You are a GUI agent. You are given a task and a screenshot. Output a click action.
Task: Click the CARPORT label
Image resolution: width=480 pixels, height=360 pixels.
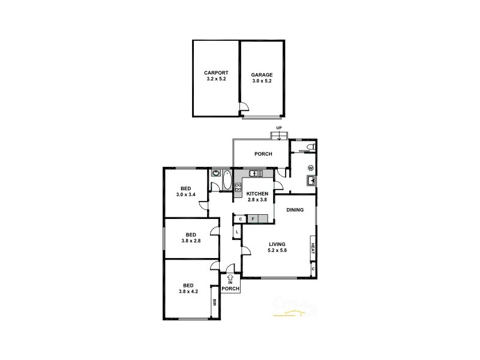click(x=216, y=72)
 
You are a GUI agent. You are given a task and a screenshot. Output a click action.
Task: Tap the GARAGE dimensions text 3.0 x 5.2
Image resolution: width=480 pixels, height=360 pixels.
click(x=262, y=81)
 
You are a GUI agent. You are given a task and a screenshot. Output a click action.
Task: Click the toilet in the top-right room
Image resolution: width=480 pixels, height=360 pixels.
click(x=310, y=146)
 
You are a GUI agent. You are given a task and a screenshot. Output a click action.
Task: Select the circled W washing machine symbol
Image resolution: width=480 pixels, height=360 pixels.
click(x=311, y=167)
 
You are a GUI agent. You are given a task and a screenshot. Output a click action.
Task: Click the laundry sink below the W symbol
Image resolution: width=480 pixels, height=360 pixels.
click(x=311, y=181)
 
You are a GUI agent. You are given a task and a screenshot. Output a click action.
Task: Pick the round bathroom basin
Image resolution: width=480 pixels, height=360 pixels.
click(x=215, y=174)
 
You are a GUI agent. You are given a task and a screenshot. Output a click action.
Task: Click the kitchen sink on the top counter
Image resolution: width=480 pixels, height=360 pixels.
click(x=253, y=174)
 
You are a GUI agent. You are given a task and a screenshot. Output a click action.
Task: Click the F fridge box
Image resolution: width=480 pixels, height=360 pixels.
click(x=253, y=219)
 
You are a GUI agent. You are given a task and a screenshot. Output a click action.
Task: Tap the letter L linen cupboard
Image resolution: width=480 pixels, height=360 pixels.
click(x=238, y=232)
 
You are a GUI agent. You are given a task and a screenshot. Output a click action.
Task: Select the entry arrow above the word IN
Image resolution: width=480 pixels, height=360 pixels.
click(x=230, y=278)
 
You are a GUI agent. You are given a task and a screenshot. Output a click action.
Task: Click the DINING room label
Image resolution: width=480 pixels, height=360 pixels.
click(x=295, y=210)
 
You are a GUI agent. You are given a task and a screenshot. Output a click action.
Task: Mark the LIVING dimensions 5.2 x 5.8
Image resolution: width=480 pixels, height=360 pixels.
click(x=277, y=250)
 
